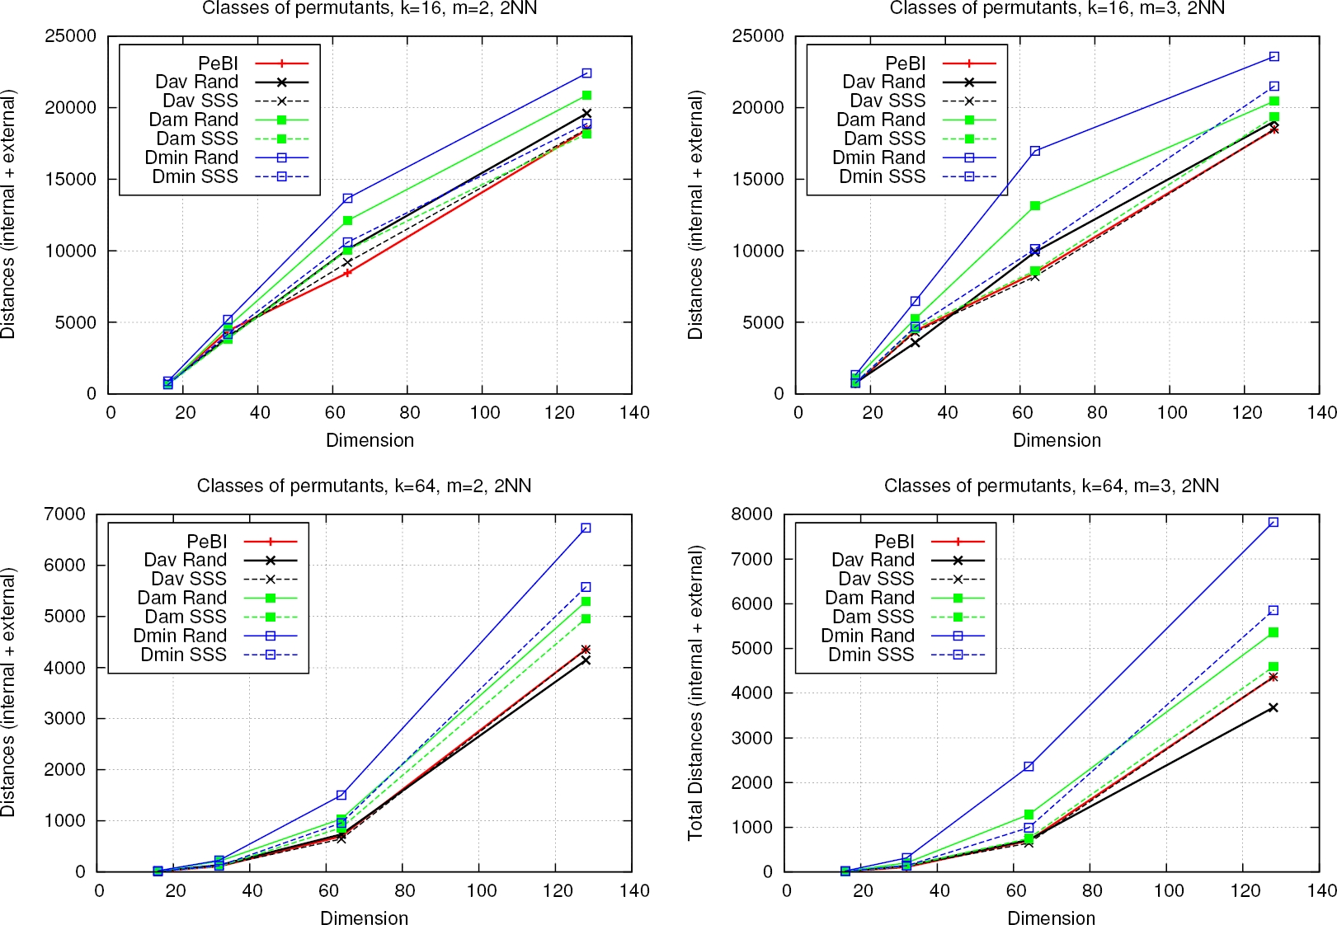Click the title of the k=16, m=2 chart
(x=370, y=9)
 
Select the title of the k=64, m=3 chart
(x=1051, y=486)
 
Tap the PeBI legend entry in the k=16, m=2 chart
(x=218, y=63)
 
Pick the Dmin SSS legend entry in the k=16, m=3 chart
(x=883, y=176)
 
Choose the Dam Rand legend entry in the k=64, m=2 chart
(x=181, y=598)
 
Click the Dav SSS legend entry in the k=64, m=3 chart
(x=876, y=579)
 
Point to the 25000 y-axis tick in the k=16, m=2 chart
(x=70, y=36)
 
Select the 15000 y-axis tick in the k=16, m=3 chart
(x=758, y=180)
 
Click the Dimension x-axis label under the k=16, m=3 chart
(x=1057, y=440)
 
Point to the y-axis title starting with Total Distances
(x=695, y=693)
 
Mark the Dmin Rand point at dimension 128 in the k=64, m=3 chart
(x=1273, y=522)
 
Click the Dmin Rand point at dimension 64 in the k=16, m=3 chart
(x=1035, y=151)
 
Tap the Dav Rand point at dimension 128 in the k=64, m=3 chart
(x=1273, y=707)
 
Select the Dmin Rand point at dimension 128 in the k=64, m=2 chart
(x=586, y=528)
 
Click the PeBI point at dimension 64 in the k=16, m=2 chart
(x=348, y=273)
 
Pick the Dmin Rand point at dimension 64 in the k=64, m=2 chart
(x=341, y=795)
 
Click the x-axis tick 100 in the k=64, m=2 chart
(x=481, y=890)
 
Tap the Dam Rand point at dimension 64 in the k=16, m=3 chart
(x=1035, y=206)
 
